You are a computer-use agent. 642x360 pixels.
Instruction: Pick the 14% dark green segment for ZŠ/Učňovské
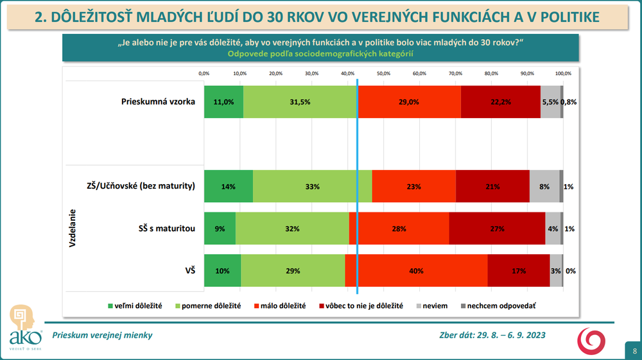[x=229, y=187]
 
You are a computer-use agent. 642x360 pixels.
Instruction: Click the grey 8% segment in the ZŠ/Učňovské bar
[x=544, y=187]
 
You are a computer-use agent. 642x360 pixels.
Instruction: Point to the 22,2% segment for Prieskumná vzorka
[x=501, y=101]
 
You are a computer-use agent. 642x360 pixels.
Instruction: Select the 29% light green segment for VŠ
[x=293, y=271]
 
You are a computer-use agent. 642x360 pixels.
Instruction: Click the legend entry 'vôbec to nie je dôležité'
[x=363, y=306]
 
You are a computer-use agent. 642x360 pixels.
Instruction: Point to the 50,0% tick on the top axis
[x=384, y=73]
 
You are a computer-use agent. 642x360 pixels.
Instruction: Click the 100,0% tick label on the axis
[x=563, y=73]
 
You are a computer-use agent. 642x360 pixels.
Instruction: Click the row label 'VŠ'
[x=189, y=271]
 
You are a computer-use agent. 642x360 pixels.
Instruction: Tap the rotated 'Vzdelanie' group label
[x=73, y=228]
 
